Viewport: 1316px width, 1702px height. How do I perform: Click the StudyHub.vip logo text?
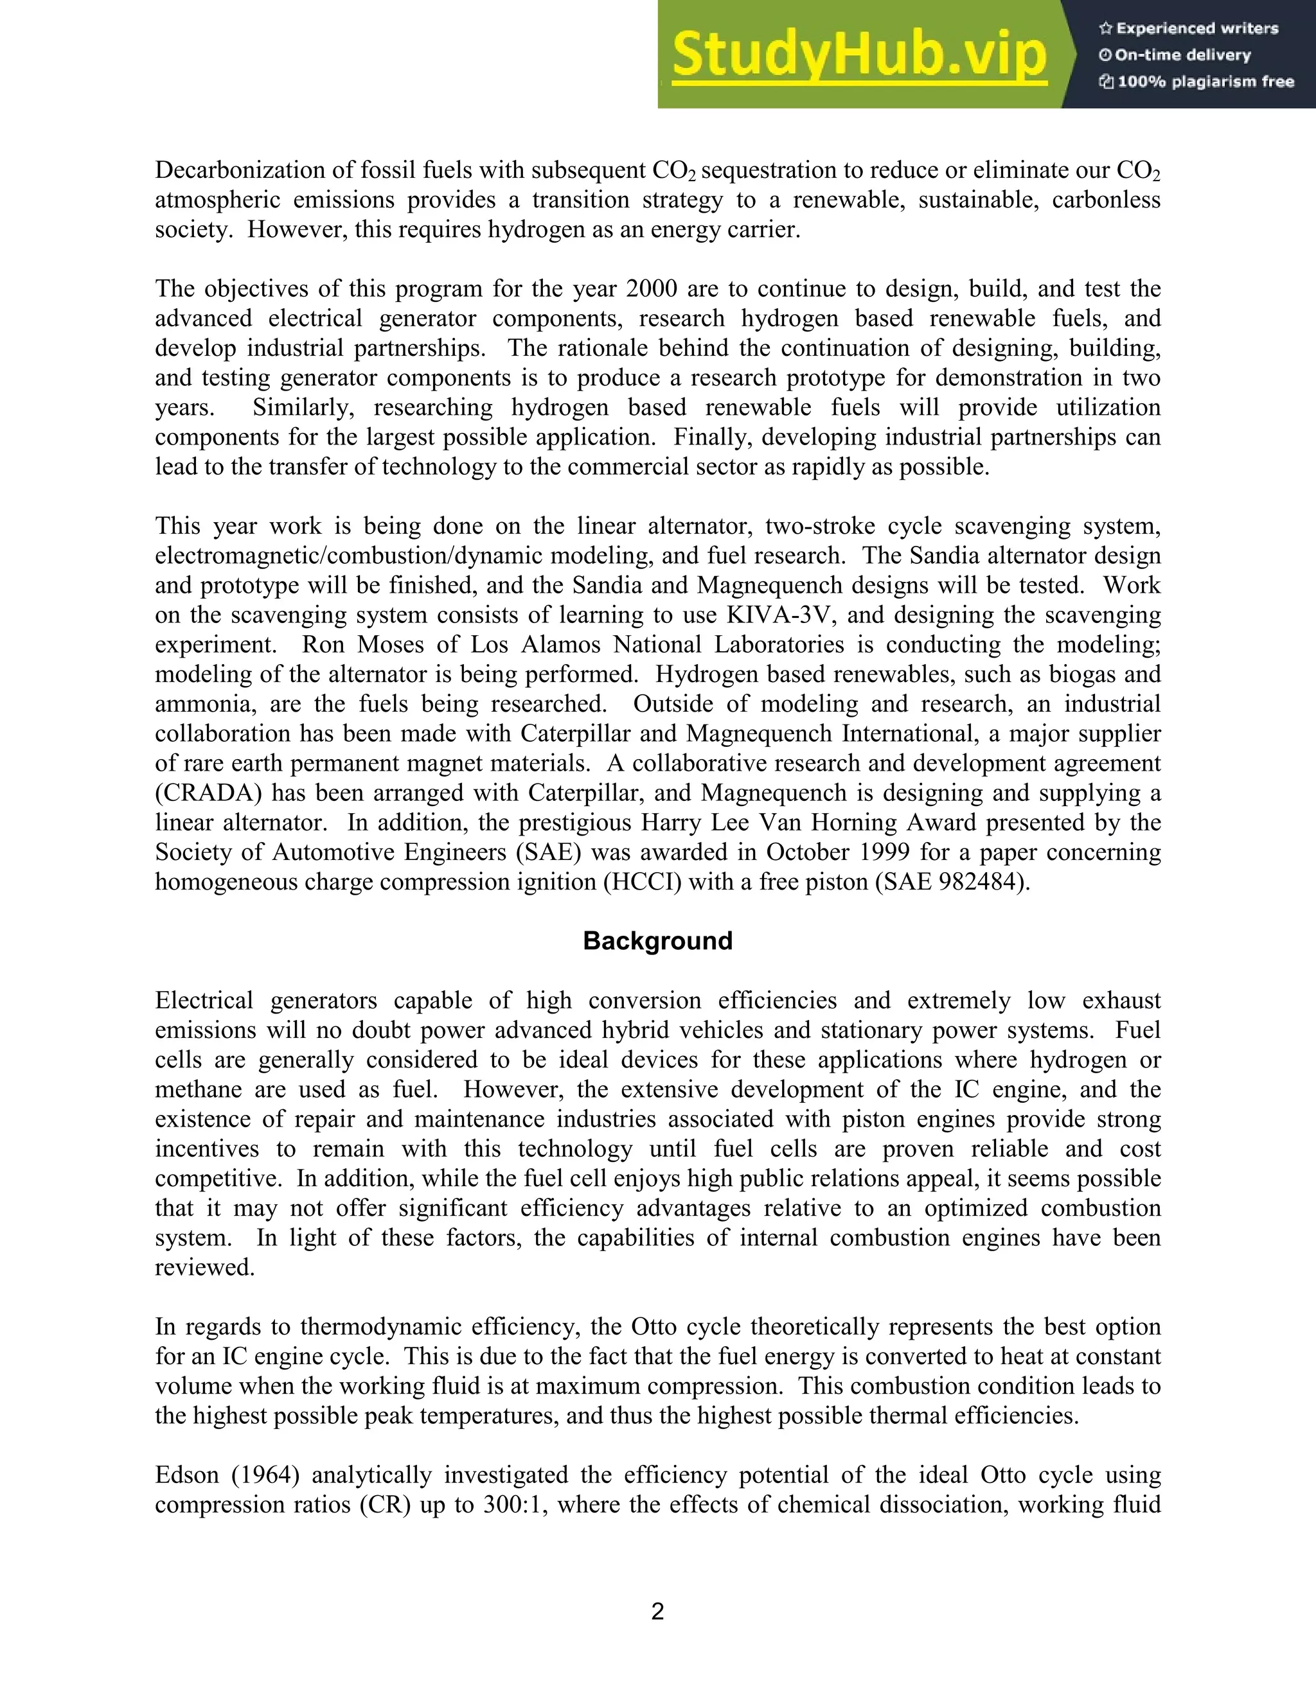(858, 55)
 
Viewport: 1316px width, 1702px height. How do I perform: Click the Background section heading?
(657, 941)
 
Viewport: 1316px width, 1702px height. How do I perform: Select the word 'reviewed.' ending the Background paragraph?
(205, 1268)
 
